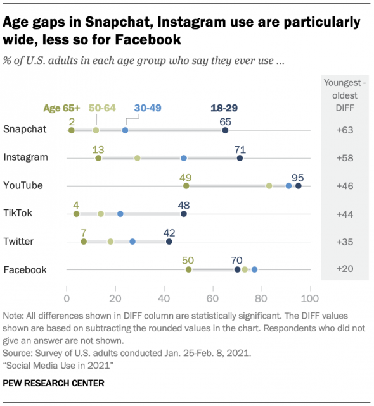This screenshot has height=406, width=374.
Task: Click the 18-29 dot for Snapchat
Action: tap(225, 130)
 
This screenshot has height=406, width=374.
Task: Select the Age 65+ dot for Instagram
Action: tap(98, 158)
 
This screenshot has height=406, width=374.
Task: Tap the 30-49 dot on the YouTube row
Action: tap(288, 186)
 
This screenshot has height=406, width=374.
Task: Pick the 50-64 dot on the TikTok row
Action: tap(101, 214)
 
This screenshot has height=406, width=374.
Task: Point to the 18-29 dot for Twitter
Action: tap(169, 242)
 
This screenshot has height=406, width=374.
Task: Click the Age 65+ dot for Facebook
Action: tap(188, 269)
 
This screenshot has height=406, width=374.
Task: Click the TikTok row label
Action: tap(20, 213)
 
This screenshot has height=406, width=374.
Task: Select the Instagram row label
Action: tap(27, 157)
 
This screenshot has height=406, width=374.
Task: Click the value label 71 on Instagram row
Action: tap(240, 149)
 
